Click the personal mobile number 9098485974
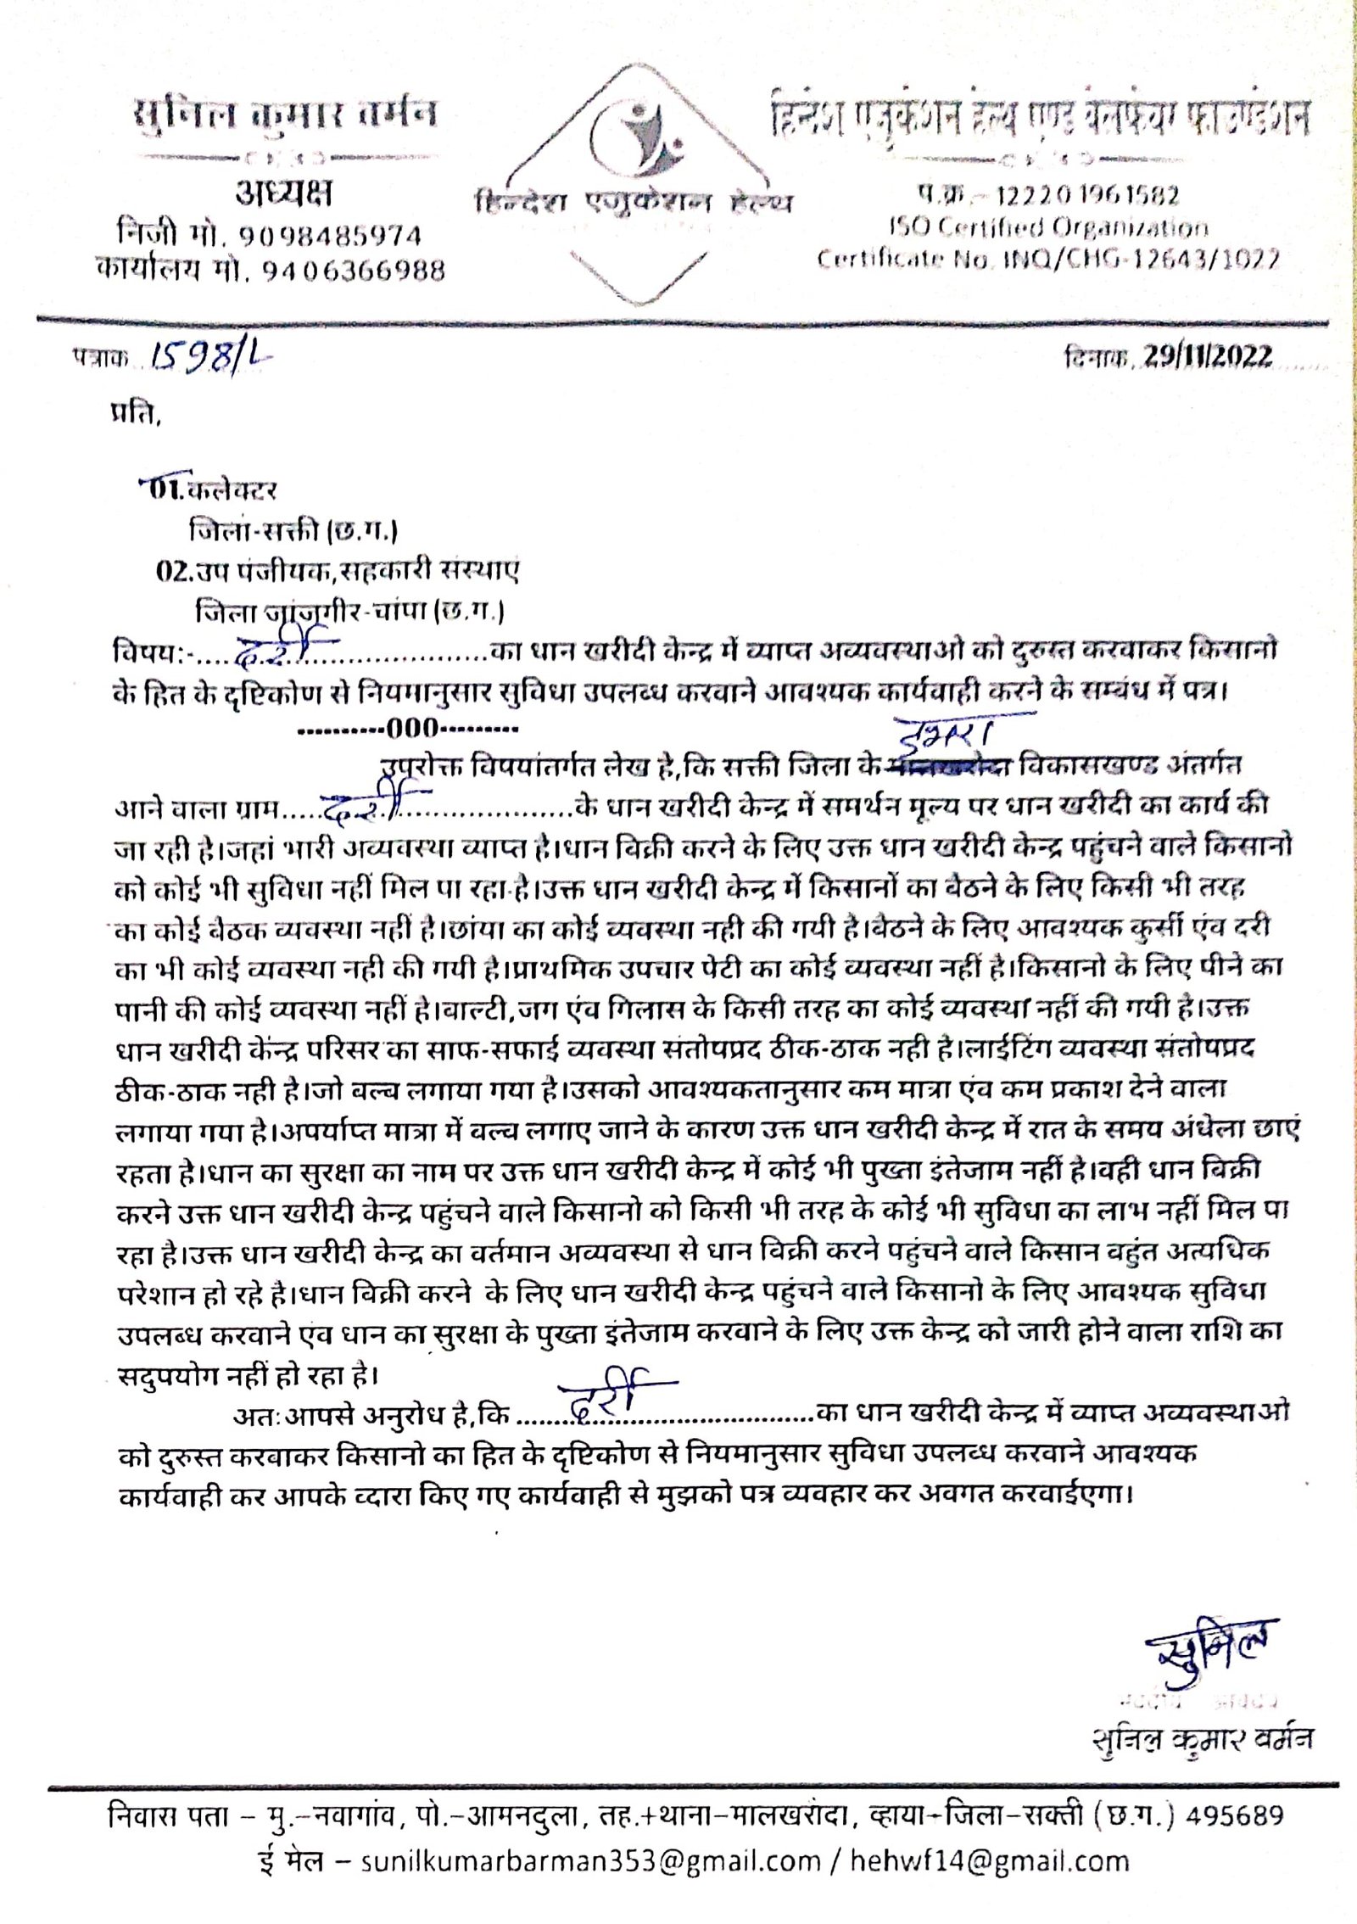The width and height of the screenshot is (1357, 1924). [x=330, y=235]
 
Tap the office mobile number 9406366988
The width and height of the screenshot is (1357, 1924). [x=353, y=270]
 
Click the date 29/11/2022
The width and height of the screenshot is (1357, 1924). [x=1208, y=357]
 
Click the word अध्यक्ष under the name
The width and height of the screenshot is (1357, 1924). [x=283, y=195]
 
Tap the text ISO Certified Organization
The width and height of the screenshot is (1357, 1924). [x=1048, y=227]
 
